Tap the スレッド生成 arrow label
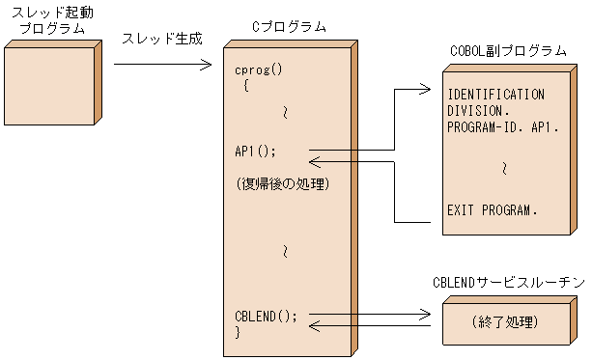(161, 40)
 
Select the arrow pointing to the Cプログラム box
(162, 65)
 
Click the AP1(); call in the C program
(256, 151)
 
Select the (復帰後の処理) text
(283, 183)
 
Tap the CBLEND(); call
(267, 316)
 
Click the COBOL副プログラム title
(508, 51)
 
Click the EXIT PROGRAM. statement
(493, 208)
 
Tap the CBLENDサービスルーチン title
(507, 282)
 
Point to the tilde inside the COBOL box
(504, 168)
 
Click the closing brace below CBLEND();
(238, 332)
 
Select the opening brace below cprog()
(245, 85)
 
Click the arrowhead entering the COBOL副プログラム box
(424, 90)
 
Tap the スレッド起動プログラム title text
(51, 19)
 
